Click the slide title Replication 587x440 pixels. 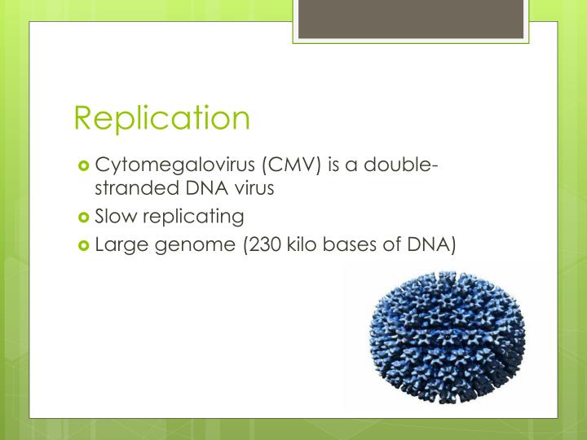click(x=161, y=118)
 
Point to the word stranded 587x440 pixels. click(x=128, y=188)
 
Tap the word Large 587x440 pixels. click(x=120, y=244)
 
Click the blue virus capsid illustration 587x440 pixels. click(x=448, y=338)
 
